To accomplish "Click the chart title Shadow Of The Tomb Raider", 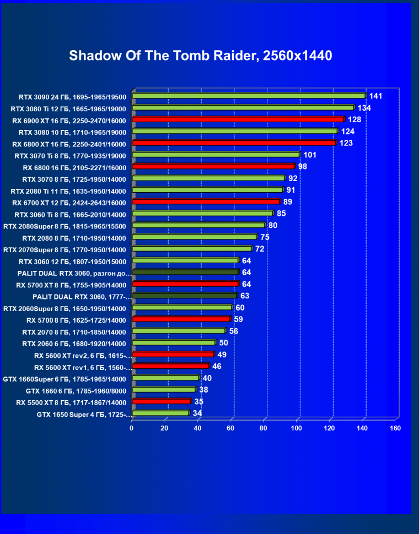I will (200, 56).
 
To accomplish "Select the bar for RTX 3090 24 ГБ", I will (248, 96).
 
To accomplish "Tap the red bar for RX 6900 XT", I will (238, 119).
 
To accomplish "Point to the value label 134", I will (364, 108).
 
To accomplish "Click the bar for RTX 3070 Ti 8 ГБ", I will (215, 155).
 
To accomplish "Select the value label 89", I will (288, 202).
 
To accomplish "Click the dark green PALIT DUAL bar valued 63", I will (185, 296).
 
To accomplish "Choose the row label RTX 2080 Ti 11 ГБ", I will (68, 191).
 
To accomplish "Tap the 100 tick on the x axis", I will (297, 428).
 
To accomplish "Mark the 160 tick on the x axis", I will (395, 428).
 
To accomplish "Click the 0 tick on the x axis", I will (132, 428).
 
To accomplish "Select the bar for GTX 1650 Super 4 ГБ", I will (160, 413).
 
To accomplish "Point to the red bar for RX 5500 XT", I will (161, 401).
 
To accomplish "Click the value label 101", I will (310, 155).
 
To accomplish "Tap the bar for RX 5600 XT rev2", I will (173, 355).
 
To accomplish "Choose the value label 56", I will (234, 331).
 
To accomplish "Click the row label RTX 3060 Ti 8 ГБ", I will (70, 214).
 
